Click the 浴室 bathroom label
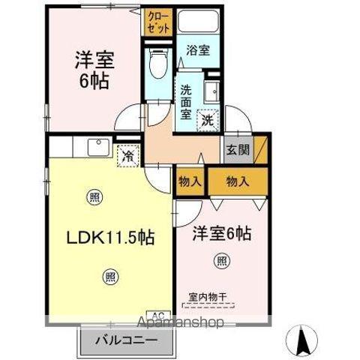coord(198,50)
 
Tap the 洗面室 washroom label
coord(186,102)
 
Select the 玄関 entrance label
coord(238,148)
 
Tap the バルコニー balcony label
coord(126,341)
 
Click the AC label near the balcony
coord(160,315)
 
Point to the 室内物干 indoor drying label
coord(206,298)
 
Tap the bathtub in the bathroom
coord(198,22)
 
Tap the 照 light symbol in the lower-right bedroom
coord(223,261)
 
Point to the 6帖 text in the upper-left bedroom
coord(94,81)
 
